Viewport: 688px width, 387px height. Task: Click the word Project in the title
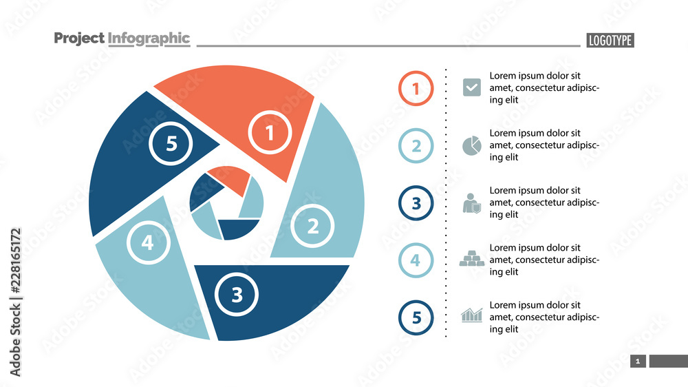click(x=79, y=39)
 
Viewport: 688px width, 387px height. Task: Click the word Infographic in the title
click(x=149, y=39)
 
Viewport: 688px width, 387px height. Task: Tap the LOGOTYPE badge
click(x=610, y=41)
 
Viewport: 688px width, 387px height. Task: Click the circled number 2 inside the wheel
click(x=312, y=226)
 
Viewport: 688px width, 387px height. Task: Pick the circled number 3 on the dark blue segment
click(x=237, y=295)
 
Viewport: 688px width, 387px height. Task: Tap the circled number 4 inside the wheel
click(x=147, y=242)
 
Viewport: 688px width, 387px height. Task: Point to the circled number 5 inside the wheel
click(x=171, y=144)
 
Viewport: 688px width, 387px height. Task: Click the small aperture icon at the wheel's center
click(x=226, y=203)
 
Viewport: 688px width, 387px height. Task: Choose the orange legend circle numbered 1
click(x=416, y=88)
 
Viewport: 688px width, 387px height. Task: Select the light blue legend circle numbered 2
click(x=416, y=145)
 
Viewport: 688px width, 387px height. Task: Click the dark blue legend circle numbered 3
click(x=416, y=203)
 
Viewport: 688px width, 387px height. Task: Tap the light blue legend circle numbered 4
click(x=416, y=260)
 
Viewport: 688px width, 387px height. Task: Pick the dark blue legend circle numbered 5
click(x=416, y=317)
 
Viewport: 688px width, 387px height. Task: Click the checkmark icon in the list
click(x=472, y=87)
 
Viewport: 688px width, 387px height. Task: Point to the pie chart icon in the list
click(x=471, y=145)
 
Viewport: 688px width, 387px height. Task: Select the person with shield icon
click(x=471, y=202)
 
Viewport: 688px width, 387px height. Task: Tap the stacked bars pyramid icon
click(x=472, y=259)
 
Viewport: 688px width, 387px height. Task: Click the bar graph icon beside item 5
click(x=472, y=315)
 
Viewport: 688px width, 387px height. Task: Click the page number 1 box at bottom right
click(x=638, y=362)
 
